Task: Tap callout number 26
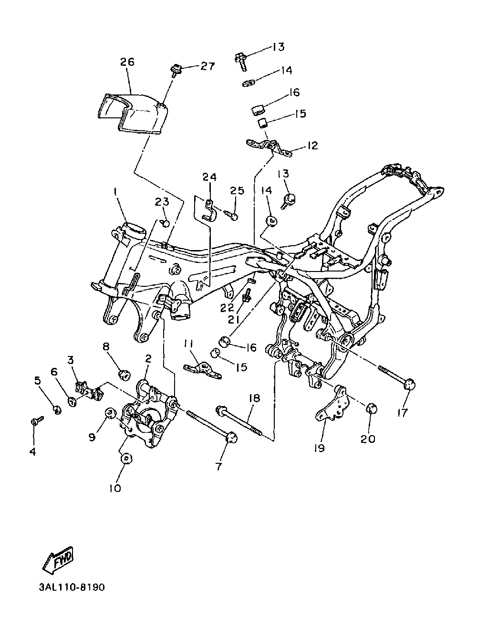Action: [x=127, y=62]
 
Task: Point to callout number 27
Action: [x=207, y=66]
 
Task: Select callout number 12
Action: [x=312, y=146]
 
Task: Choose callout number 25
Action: [x=238, y=190]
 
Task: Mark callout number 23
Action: [x=162, y=202]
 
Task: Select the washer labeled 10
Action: [x=126, y=460]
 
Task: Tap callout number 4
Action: [x=33, y=451]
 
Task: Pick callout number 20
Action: [x=368, y=439]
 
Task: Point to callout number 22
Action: [x=227, y=307]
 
